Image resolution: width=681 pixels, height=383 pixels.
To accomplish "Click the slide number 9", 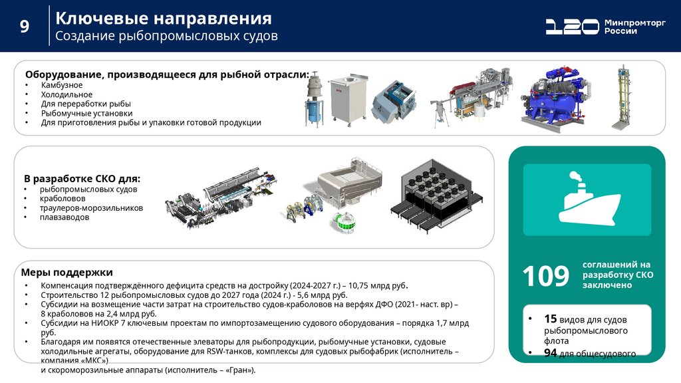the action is coord(25,27).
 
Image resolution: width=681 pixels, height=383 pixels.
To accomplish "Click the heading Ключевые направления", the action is coord(164,18).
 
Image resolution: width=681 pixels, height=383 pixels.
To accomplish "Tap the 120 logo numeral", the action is coord(572,27).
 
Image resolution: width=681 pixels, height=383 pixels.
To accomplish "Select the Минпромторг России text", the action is coord(634,27).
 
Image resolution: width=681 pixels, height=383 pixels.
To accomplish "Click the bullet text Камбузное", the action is coord(62,85).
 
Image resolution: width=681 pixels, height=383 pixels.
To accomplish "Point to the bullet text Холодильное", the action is coord(67,94).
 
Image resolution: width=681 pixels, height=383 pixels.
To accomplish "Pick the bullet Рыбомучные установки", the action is coord(86,113).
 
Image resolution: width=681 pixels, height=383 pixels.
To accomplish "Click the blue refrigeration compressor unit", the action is coord(557,98).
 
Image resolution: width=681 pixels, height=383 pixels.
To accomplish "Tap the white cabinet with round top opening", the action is coord(347,99).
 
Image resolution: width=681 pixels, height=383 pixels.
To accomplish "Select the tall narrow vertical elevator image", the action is coord(622,98).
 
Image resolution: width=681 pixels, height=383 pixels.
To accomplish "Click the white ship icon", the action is coord(589,197).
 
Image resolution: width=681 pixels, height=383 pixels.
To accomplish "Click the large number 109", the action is coord(545,276).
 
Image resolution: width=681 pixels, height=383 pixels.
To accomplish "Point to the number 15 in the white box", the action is coord(550,319).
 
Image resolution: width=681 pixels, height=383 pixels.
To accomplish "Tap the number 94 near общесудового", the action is coord(550,353).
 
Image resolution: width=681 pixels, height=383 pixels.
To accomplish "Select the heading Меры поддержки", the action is coord(67,272).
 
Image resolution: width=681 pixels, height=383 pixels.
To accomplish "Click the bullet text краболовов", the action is coord(63,198).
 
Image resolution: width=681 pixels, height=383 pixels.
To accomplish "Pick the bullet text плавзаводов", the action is coord(65,217).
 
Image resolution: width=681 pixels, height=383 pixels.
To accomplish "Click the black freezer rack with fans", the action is coord(436,196).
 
